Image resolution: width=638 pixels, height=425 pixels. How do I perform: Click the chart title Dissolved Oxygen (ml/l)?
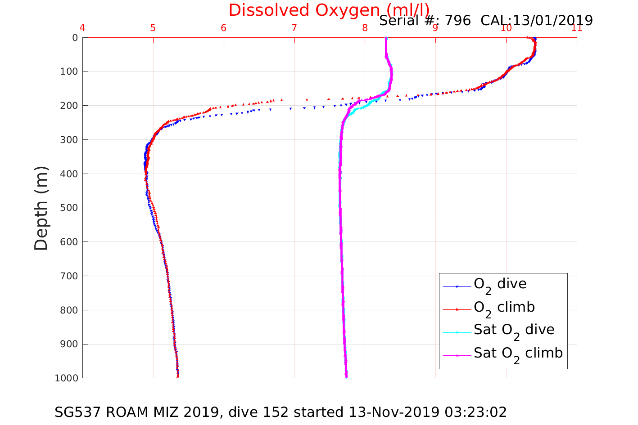[x=329, y=10]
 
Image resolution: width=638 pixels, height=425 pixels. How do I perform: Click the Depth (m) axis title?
[x=41, y=208]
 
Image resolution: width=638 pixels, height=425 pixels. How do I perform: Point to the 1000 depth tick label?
[x=67, y=378]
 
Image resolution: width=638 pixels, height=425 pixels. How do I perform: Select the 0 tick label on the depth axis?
[x=75, y=38]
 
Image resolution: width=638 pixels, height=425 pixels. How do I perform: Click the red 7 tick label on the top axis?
[x=294, y=28]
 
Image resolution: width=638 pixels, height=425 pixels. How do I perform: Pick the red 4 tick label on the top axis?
[x=82, y=28]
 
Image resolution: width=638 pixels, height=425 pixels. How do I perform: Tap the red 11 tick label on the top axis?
[x=577, y=28]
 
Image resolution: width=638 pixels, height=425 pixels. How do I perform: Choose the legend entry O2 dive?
[x=500, y=284]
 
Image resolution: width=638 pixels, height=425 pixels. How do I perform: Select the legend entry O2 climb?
[x=504, y=308]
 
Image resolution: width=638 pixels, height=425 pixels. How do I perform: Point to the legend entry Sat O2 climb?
[x=518, y=353]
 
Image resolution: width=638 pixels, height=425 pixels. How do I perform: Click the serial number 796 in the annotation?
[x=458, y=21]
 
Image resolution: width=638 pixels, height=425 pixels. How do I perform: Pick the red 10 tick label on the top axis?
[x=506, y=28]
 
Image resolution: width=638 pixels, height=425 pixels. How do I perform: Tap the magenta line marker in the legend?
[x=457, y=355]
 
